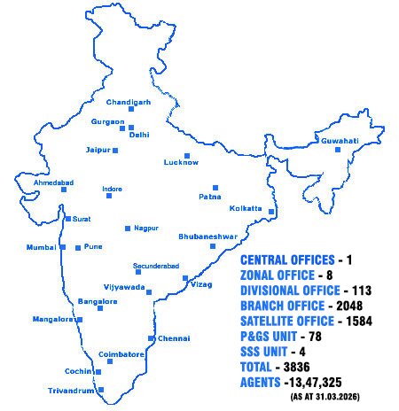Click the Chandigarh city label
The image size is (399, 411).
pos(129,103)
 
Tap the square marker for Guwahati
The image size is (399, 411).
pos(338,150)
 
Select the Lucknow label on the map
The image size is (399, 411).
pos(181,163)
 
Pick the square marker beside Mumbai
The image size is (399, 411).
pos(63,247)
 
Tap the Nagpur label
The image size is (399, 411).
pos(146,228)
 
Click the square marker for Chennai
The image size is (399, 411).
pos(152,338)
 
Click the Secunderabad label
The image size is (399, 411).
pos(156,266)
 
